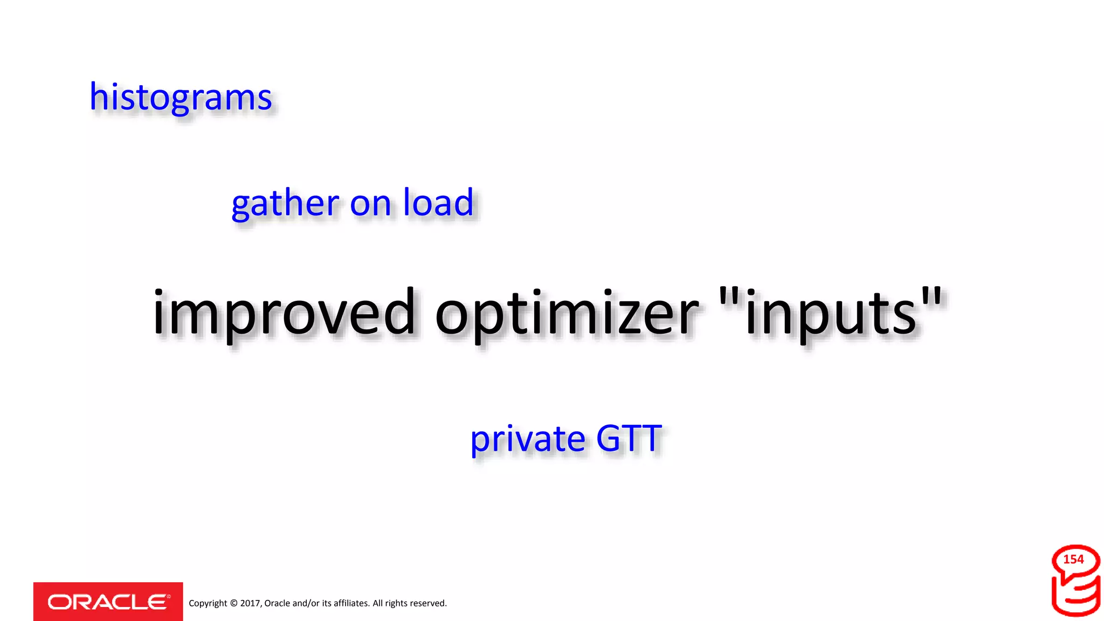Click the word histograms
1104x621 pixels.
click(181, 98)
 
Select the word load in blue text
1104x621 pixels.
click(438, 203)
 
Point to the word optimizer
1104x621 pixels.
click(567, 313)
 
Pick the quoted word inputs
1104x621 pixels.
click(831, 313)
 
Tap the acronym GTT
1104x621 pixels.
click(629, 438)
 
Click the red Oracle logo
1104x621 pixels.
click(108, 602)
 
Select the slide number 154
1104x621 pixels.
click(1073, 560)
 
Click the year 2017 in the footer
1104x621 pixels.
click(251, 603)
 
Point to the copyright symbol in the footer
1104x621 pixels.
click(233, 603)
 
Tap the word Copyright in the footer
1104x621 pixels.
click(208, 603)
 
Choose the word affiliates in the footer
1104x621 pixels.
click(351, 603)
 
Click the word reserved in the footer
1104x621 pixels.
click(428, 603)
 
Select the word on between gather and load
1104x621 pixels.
click(370, 204)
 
